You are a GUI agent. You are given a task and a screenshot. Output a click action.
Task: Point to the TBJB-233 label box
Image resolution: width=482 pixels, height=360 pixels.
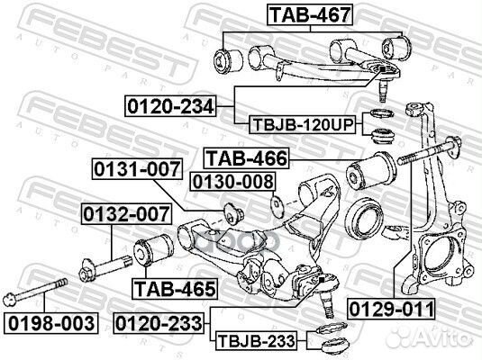point(254,342)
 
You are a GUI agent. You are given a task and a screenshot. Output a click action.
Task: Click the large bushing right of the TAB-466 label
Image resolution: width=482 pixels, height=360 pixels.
point(373,167)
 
